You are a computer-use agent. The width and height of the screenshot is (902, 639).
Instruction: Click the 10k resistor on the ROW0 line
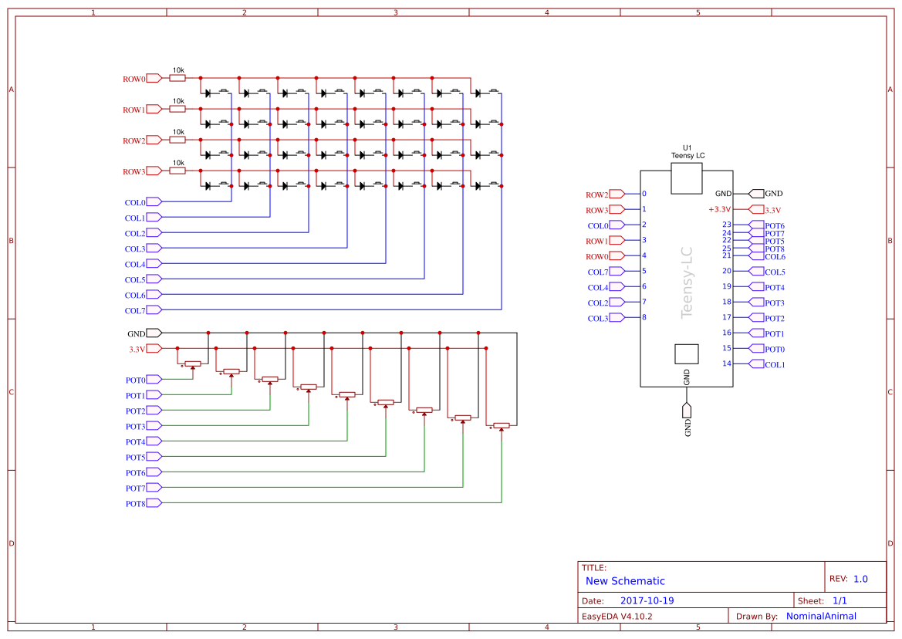point(177,78)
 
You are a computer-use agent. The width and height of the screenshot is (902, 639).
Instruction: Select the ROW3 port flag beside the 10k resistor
point(154,171)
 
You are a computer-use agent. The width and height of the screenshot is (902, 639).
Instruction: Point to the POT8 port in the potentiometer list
point(154,503)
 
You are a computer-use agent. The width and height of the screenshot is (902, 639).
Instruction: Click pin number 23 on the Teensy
point(726,225)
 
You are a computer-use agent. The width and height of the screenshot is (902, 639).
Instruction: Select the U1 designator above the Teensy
point(687,147)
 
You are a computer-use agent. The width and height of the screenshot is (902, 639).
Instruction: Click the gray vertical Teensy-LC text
point(686,282)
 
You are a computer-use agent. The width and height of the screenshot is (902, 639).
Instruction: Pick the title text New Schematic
point(625,581)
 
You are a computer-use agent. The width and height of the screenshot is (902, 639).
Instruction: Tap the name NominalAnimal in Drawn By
point(821,616)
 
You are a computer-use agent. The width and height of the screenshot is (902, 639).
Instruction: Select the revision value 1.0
point(860,579)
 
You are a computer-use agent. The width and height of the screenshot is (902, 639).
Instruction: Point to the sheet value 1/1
point(840,600)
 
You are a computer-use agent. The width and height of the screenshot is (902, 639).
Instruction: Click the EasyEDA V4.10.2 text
point(617,616)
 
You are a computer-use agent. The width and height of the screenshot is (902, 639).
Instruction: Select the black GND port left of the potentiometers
point(154,333)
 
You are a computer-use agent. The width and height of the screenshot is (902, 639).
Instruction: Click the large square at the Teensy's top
point(686,177)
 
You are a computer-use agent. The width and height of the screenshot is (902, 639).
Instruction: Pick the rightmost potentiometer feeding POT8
point(502,425)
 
